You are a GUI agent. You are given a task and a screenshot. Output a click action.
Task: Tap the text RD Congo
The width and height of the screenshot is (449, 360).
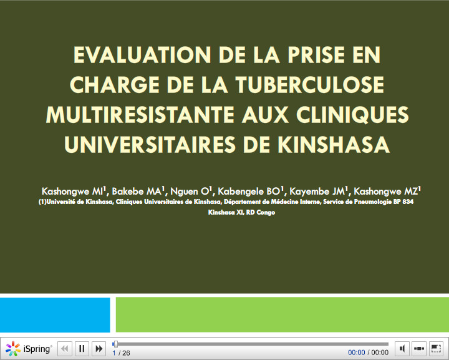[x=260, y=212]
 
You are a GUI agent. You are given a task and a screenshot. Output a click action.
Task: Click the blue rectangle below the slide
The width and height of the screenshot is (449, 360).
[x=55, y=314]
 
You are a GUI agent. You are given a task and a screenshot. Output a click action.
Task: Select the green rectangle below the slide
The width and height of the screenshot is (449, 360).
[x=282, y=314]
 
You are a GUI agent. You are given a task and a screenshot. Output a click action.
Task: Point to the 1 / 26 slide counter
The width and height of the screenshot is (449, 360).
[x=121, y=353]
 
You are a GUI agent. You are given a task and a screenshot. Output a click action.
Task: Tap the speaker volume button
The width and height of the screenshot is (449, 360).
[x=402, y=349]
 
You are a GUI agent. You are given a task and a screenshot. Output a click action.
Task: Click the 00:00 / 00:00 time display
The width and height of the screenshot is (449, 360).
[x=368, y=353]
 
